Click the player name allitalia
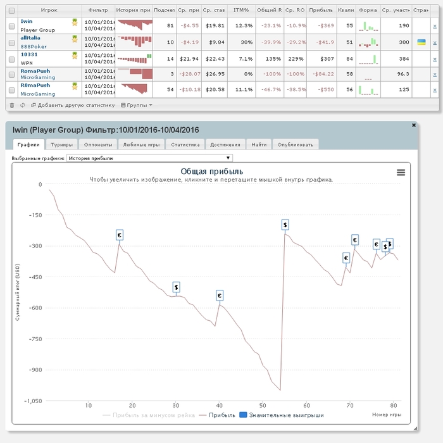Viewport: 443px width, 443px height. pos(34,38)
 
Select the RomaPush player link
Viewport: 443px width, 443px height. pos(35,71)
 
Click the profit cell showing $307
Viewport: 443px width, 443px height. pos(326,58)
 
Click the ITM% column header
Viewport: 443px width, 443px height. pos(241,11)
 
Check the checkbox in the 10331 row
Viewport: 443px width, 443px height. pos(12,58)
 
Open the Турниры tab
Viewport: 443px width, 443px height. pos(62,144)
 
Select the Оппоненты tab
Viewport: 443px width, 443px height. pos(97,144)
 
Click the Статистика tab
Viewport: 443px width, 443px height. pos(185,144)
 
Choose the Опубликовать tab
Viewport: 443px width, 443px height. pos(295,144)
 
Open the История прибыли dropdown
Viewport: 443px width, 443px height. pos(149,158)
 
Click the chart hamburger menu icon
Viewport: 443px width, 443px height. pos(401,172)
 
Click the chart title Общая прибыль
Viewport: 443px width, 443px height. pos(211,172)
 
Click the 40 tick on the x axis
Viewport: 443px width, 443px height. pos(219,406)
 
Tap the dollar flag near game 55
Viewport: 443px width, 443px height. pos(285,224)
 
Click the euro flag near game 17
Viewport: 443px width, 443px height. pos(119,235)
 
